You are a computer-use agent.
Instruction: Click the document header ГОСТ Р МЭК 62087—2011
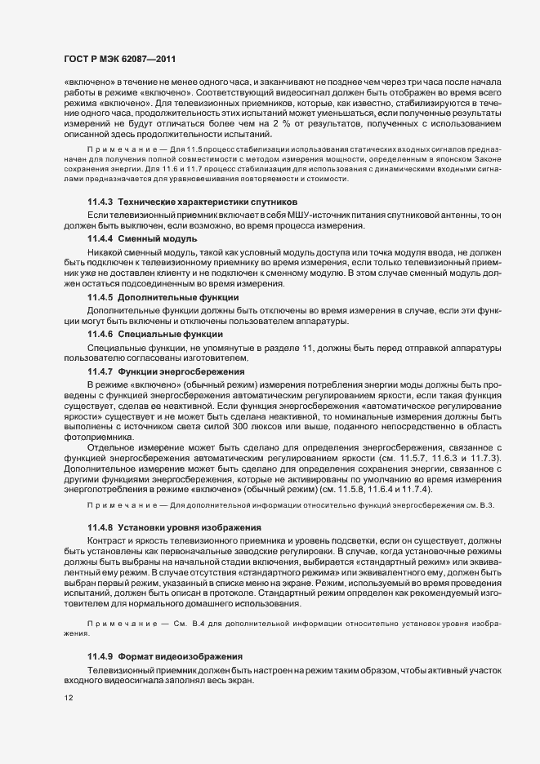click(119, 60)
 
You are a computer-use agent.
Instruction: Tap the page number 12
click(69, 699)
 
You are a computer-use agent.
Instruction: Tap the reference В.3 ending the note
click(508, 506)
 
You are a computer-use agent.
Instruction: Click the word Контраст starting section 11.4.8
click(107, 540)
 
